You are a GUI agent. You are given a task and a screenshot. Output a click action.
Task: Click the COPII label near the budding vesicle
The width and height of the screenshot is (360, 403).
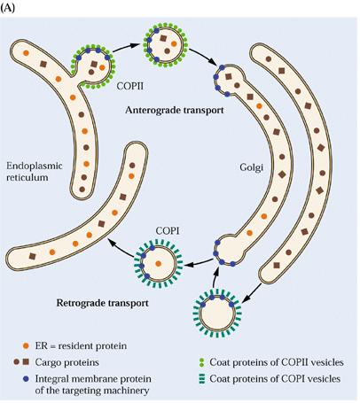pyautogui.click(x=129, y=87)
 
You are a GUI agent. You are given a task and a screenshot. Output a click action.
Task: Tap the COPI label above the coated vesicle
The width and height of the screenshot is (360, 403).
pyautogui.click(x=168, y=231)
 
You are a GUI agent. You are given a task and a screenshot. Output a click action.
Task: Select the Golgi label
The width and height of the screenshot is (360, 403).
pyautogui.click(x=251, y=167)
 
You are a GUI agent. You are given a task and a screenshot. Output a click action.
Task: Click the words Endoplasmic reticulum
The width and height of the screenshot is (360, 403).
pyautogui.click(x=35, y=172)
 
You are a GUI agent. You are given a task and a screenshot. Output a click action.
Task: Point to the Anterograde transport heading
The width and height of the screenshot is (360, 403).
pyautogui.click(x=175, y=110)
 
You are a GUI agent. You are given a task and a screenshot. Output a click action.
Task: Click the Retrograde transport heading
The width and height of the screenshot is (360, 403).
pyautogui.click(x=102, y=303)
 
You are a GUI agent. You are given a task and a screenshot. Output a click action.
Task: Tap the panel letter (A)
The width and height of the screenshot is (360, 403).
pyautogui.click(x=7, y=9)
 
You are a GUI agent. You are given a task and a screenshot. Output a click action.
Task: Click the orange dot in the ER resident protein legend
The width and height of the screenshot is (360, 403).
pyautogui.click(x=26, y=345)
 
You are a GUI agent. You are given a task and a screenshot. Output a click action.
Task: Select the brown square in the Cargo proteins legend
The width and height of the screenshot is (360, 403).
pyautogui.click(x=26, y=361)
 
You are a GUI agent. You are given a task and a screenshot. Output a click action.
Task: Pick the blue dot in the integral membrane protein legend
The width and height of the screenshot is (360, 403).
pyautogui.click(x=26, y=378)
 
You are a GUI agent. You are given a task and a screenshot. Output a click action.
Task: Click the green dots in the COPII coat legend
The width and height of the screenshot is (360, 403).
pyautogui.click(x=201, y=362)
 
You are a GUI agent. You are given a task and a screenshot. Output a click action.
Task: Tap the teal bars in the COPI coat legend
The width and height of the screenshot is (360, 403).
pyautogui.click(x=201, y=379)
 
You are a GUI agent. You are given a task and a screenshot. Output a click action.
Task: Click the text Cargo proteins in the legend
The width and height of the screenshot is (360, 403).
pyautogui.click(x=67, y=362)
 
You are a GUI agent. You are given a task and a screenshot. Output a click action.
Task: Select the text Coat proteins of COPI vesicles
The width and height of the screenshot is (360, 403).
pyautogui.click(x=275, y=379)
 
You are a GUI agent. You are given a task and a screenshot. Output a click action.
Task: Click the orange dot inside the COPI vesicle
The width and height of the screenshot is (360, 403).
pyautogui.click(x=158, y=263)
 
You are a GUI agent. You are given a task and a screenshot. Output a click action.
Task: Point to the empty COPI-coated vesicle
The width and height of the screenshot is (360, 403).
pyautogui.click(x=217, y=314)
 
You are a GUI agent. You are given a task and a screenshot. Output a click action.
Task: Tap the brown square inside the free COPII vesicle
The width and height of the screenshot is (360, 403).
pyautogui.click(x=163, y=38)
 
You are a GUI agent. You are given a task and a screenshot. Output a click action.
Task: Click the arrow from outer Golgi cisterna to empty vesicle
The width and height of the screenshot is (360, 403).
pyautogui.click(x=252, y=293)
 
